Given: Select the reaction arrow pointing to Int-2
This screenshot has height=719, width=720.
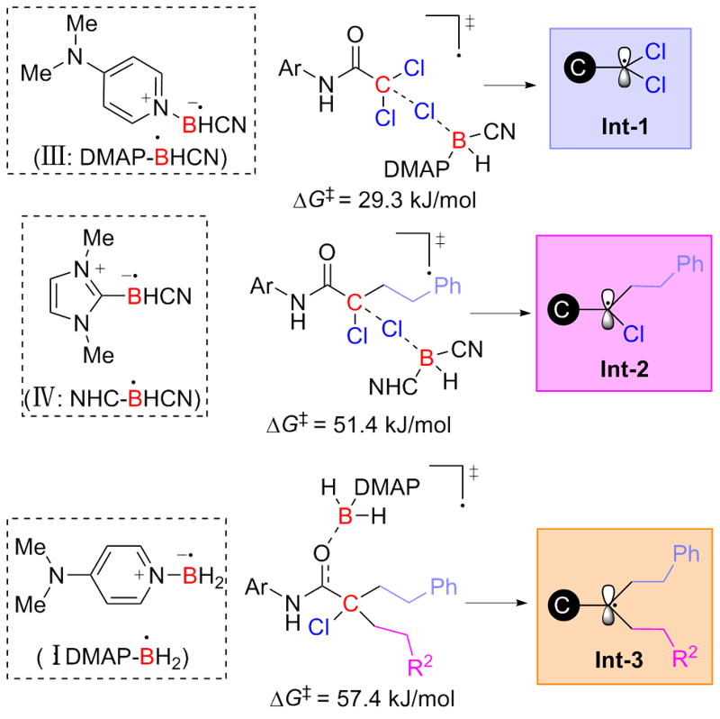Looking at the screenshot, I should (x=497, y=314).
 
